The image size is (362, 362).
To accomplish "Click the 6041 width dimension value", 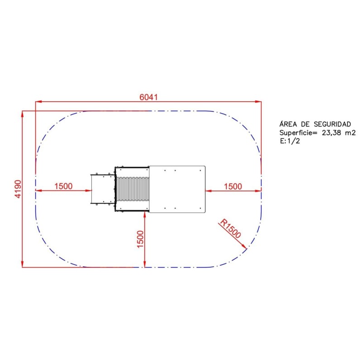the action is coord(149,97).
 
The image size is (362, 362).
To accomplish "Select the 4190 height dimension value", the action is coord(18,189).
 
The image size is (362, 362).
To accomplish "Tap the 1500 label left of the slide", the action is coord(63,186).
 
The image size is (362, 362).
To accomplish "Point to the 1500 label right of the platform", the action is coord(233,186).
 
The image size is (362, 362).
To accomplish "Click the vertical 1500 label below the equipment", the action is coord(140,239).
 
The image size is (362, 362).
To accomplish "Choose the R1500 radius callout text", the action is coord(230,229).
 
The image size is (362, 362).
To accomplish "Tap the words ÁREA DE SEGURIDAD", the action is coord(315,124).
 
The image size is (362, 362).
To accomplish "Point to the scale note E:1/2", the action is coord(290,141).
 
